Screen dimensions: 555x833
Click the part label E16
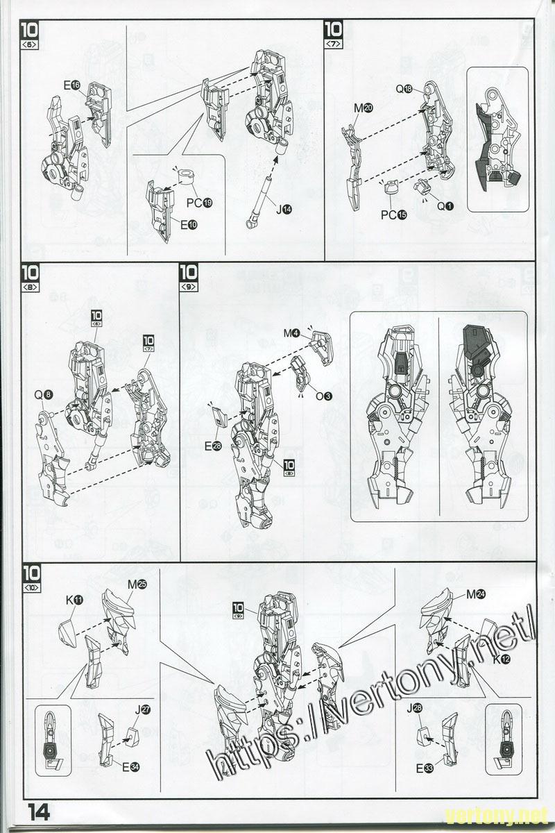(x=71, y=85)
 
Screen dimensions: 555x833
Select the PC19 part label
(x=199, y=203)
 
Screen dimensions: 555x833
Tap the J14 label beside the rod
(x=284, y=210)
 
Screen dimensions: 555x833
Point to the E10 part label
(x=189, y=225)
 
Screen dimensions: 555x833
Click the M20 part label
(x=364, y=108)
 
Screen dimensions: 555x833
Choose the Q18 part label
(x=404, y=89)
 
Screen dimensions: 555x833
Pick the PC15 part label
(x=394, y=215)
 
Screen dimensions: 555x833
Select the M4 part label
(x=292, y=334)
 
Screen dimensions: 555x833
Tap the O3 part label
(x=323, y=396)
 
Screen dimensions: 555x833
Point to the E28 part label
(x=212, y=446)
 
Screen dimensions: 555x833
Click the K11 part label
(x=74, y=600)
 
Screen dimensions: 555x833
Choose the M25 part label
(x=137, y=584)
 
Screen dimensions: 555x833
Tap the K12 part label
(x=502, y=659)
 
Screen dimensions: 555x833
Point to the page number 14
(x=38, y=813)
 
